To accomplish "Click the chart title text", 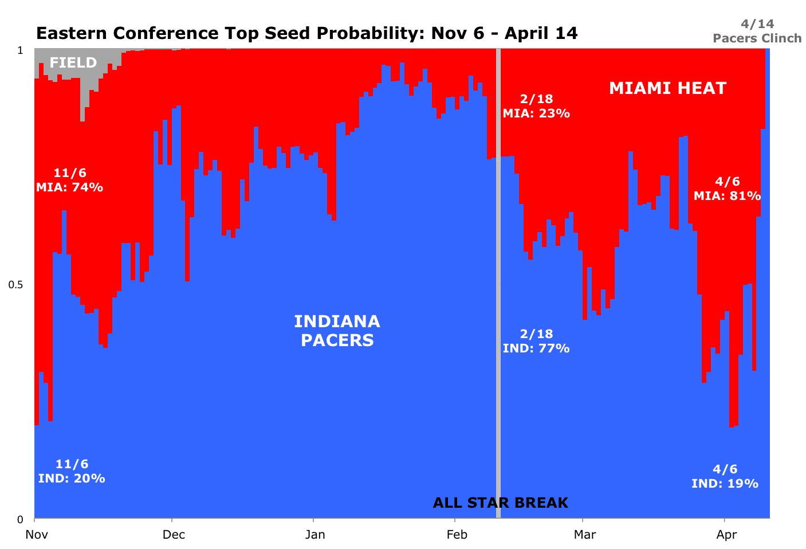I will click(306, 33).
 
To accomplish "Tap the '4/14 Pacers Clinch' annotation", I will click(757, 31).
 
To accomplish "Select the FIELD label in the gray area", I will click(73, 62).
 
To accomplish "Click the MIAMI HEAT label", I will click(667, 88).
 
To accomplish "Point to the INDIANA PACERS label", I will click(337, 331).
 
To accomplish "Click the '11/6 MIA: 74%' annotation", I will click(69, 180).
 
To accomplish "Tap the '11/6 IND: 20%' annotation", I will click(72, 471).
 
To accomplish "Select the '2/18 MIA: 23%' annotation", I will click(536, 106).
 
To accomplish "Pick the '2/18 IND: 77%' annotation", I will click(536, 341).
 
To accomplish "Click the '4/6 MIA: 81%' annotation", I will click(727, 189).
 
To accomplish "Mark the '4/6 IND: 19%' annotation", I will click(725, 476).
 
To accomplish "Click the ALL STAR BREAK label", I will click(500, 503).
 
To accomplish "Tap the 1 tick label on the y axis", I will click(21, 50).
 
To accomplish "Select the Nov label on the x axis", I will click(36, 535).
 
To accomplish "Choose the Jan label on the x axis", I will click(314, 535).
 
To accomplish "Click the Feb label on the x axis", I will click(456, 535).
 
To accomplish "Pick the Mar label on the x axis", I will click(584, 535).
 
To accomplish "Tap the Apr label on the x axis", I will click(726, 535).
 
